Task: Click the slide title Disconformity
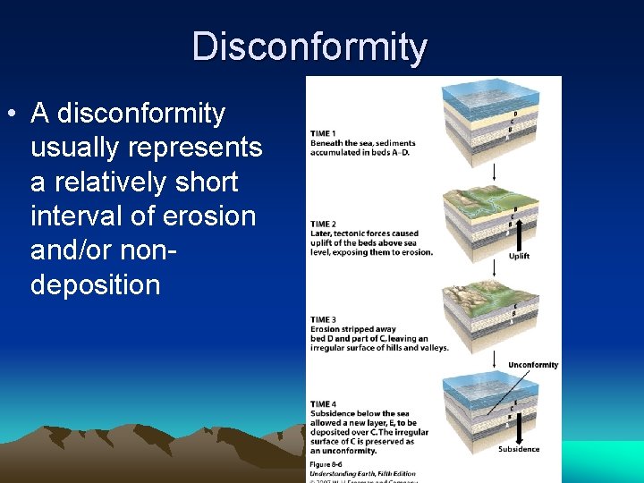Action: pos(309,47)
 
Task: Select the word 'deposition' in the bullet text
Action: pos(95,285)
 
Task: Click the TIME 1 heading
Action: pos(323,133)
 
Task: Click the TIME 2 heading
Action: pos(323,224)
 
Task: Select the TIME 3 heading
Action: pos(323,319)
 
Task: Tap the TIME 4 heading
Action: pos(323,404)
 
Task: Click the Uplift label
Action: pos(520,256)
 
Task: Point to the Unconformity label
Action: pos(533,365)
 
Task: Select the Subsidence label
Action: pos(519,449)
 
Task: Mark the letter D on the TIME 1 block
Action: pos(514,114)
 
